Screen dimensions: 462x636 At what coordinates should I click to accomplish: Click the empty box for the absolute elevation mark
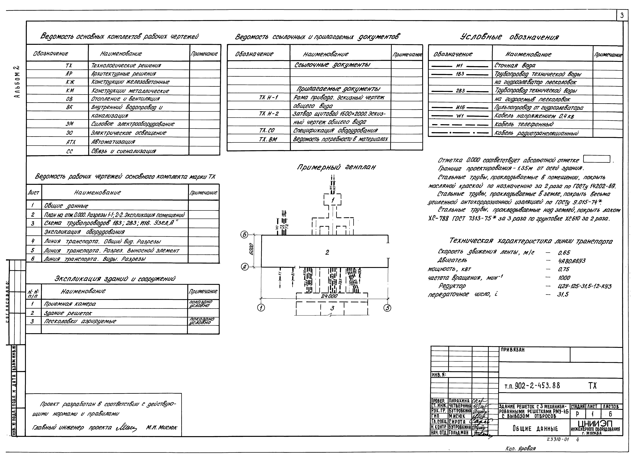[596, 159]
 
